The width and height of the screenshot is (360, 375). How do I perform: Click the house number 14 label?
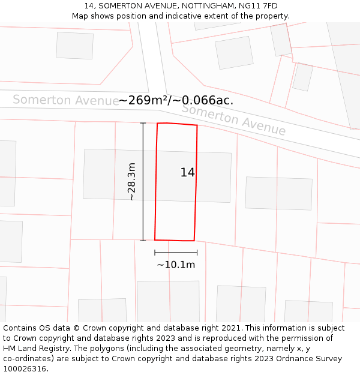(187, 173)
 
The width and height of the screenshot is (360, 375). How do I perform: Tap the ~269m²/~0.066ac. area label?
(176, 100)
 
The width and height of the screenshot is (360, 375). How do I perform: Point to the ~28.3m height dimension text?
(131, 181)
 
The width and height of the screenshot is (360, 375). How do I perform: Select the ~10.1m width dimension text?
(176, 265)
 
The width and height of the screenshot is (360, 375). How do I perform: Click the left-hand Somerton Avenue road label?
(65, 100)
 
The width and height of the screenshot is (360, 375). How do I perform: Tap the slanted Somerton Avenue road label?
(233, 120)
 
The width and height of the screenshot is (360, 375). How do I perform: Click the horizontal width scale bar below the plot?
(176, 253)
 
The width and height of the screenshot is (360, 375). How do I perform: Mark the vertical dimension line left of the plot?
(143, 181)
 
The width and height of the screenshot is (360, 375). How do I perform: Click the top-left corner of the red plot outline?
(157, 124)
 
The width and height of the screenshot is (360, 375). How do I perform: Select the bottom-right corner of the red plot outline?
(194, 241)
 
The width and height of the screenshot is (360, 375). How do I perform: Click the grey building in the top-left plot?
(75, 45)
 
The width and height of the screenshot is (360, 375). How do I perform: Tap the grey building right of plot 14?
(278, 193)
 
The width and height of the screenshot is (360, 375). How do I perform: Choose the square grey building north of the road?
(234, 53)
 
